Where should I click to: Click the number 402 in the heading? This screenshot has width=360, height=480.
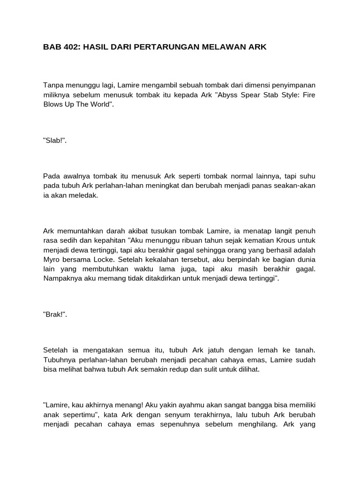coord(69,47)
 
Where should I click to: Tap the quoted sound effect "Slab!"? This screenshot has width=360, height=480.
coord(55,141)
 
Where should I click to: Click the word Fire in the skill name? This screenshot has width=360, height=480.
coord(307,95)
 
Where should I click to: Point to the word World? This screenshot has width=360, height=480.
coord(102,104)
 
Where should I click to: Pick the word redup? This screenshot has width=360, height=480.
coord(184,369)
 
